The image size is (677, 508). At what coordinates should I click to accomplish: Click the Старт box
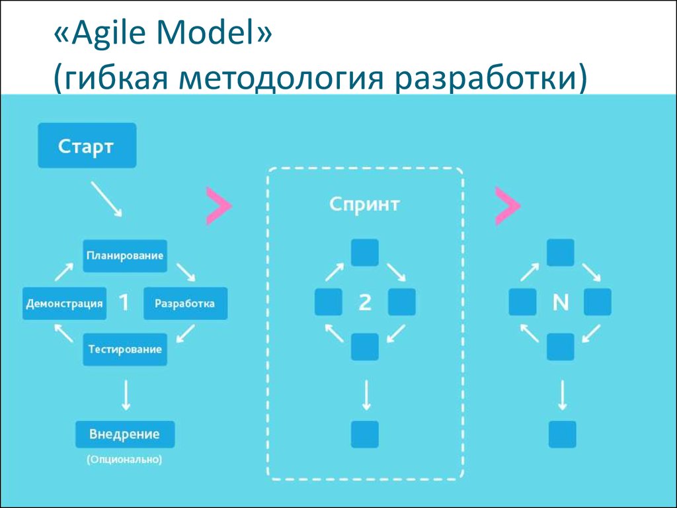coord(87,146)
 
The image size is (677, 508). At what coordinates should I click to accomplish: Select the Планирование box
coord(125,256)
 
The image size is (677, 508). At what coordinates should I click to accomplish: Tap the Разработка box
coord(185,303)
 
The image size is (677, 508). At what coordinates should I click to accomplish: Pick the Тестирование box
coord(125,349)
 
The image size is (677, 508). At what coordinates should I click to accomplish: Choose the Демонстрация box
coord(64,303)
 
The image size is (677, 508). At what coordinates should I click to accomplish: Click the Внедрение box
coord(125,434)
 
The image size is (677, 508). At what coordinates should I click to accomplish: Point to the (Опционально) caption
coord(124,459)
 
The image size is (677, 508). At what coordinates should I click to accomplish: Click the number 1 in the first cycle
coord(124,303)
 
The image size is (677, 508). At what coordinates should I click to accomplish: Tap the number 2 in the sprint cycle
coord(365,302)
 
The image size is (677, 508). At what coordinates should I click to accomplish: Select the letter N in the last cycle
coord(561,302)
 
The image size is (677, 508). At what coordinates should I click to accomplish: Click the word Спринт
coord(364,204)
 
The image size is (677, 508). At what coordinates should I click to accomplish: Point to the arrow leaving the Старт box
coord(106,198)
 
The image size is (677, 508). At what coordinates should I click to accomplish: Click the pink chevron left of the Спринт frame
coord(219,206)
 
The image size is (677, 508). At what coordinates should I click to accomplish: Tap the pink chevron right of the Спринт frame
coord(508,206)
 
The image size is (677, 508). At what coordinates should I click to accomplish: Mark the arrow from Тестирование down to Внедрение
coord(126,395)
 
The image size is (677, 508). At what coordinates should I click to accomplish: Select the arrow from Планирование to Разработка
coord(186,272)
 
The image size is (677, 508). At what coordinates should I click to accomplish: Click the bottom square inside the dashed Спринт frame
coord(365,434)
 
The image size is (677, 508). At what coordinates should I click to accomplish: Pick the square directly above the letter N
coord(561,252)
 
